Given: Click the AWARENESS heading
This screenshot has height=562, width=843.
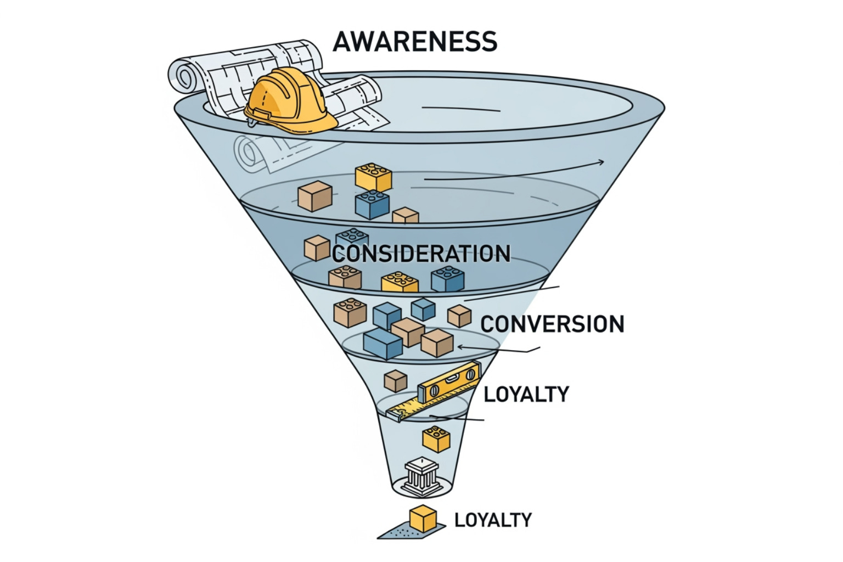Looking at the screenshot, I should coord(415,41).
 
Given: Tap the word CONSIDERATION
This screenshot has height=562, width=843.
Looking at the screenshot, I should coord(421,254).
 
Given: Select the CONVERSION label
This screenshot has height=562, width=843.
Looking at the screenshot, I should coord(552,324).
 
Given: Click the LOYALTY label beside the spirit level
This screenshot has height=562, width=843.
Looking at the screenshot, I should coord(526,394).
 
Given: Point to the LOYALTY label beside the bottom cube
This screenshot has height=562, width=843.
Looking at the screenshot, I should coord(493,520).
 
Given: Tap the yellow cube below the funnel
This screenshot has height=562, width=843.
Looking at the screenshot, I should coord(423,519).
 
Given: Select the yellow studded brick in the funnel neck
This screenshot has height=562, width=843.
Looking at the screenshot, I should coord(436,439).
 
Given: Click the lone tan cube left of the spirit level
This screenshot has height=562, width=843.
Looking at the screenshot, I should coord(395,380).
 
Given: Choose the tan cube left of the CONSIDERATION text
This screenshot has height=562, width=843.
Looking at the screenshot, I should coord(317,248).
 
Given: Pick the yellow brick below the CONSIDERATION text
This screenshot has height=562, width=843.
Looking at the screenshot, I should coord(400,282).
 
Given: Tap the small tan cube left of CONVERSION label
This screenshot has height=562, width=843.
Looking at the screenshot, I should coord(459,316).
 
